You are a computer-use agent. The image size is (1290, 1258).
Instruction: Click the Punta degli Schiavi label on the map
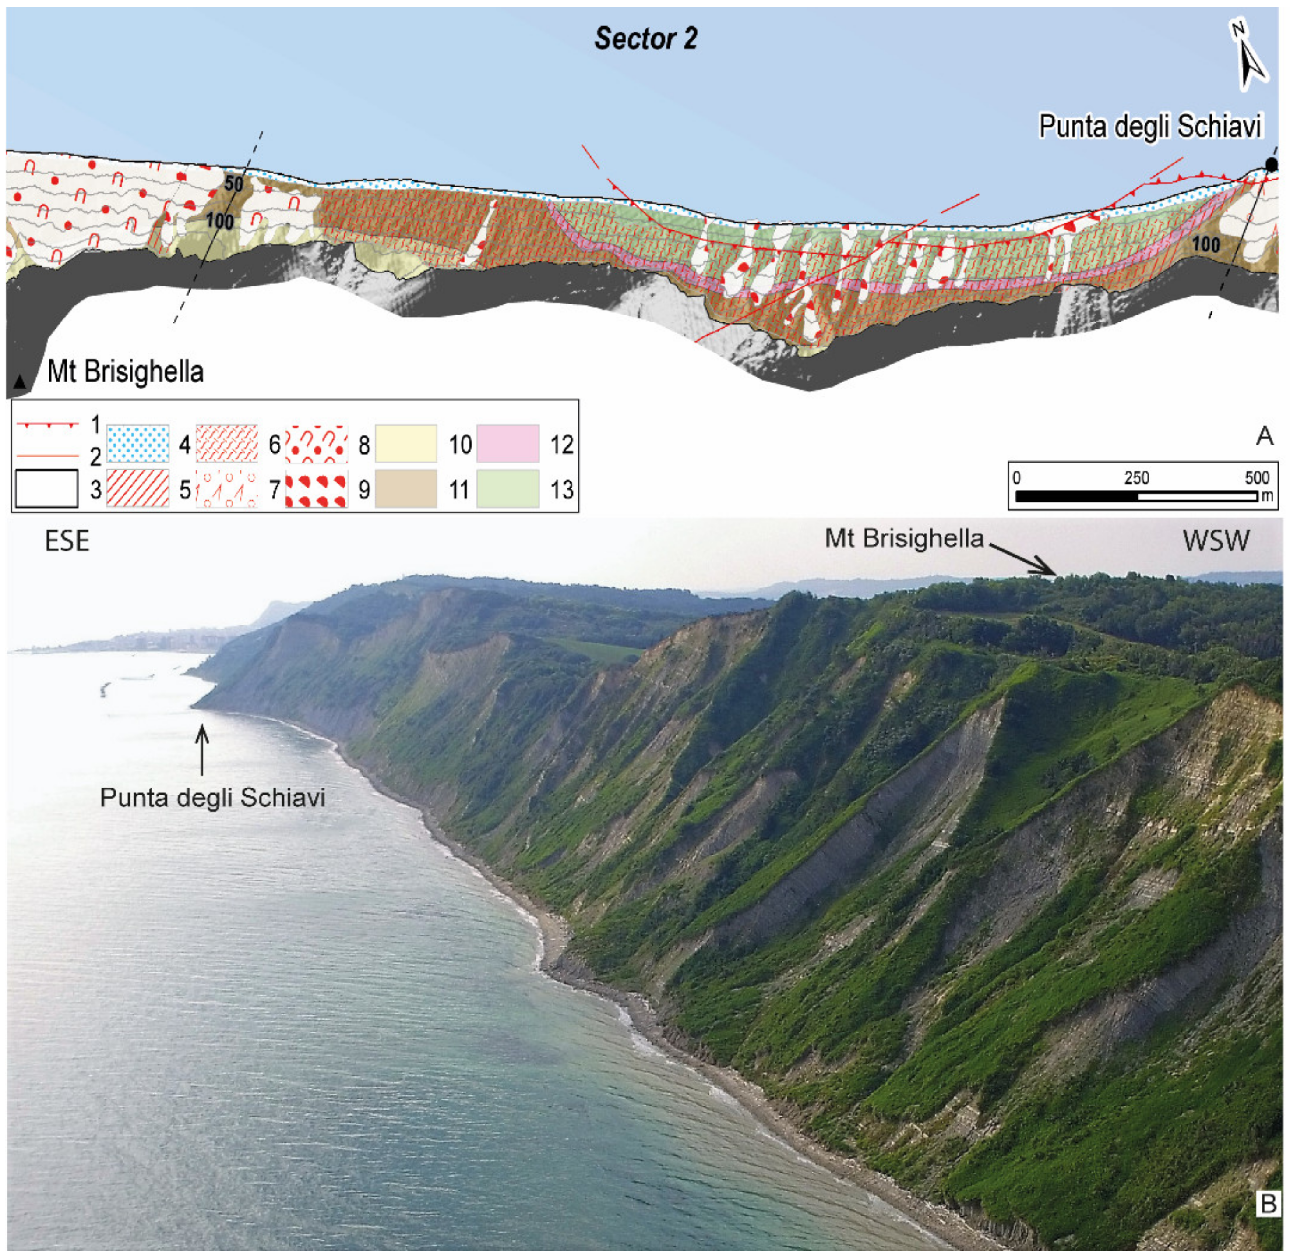tap(1150, 126)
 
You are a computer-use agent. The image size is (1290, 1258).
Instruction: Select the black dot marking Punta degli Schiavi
tap(1271, 165)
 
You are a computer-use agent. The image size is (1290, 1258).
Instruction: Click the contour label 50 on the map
tap(234, 184)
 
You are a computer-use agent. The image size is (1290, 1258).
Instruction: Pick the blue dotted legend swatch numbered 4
tap(137, 443)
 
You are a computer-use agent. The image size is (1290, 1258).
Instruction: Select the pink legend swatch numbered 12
tap(507, 443)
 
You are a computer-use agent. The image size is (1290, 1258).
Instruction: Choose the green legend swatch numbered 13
tap(507, 489)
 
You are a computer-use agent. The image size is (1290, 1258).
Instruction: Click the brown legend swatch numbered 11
tap(405, 489)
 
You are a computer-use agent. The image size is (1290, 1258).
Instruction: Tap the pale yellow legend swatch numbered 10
tap(405, 443)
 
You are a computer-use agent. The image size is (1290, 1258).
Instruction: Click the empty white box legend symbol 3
tap(46, 489)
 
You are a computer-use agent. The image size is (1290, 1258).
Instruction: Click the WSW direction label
tap(1216, 541)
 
